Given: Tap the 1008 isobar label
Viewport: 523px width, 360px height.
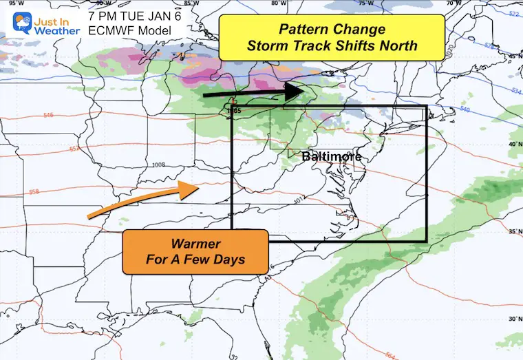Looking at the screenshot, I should [x=160, y=165].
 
